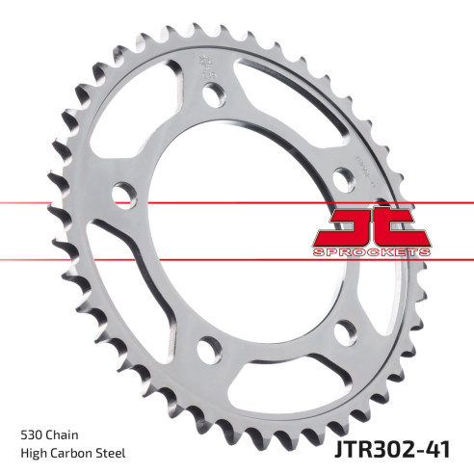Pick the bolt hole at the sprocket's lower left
[204, 348]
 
